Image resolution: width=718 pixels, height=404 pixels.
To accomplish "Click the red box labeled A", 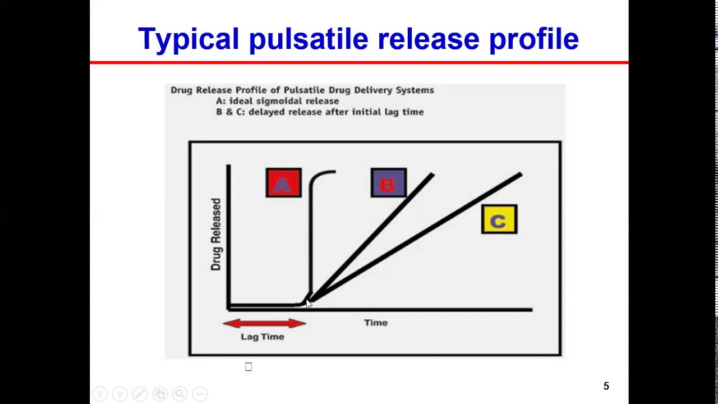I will click(x=283, y=183).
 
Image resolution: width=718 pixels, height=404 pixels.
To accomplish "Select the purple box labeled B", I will click(x=388, y=183).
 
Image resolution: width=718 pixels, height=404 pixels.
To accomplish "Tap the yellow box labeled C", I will click(x=499, y=219).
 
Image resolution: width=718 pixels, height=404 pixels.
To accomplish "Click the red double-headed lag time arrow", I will click(x=264, y=323).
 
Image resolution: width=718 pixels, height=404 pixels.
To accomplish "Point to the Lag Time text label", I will click(x=263, y=337).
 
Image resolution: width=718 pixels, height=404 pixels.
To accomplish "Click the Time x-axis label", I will click(x=375, y=323).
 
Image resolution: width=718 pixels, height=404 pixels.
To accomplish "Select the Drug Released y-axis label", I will click(x=216, y=235).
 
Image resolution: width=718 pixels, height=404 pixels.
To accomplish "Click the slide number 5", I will click(x=606, y=386).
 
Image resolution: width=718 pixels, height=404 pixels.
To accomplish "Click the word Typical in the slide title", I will click(x=188, y=39).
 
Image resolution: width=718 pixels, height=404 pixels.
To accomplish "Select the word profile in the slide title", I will click(x=533, y=39).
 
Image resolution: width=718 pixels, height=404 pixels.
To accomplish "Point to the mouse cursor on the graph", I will click(x=309, y=303).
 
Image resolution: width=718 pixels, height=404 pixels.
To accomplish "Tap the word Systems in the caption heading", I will click(x=416, y=90).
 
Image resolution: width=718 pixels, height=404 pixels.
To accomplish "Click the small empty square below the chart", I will click(x=248, y=367).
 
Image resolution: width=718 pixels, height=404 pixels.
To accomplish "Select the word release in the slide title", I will click(x=429, y=39).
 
